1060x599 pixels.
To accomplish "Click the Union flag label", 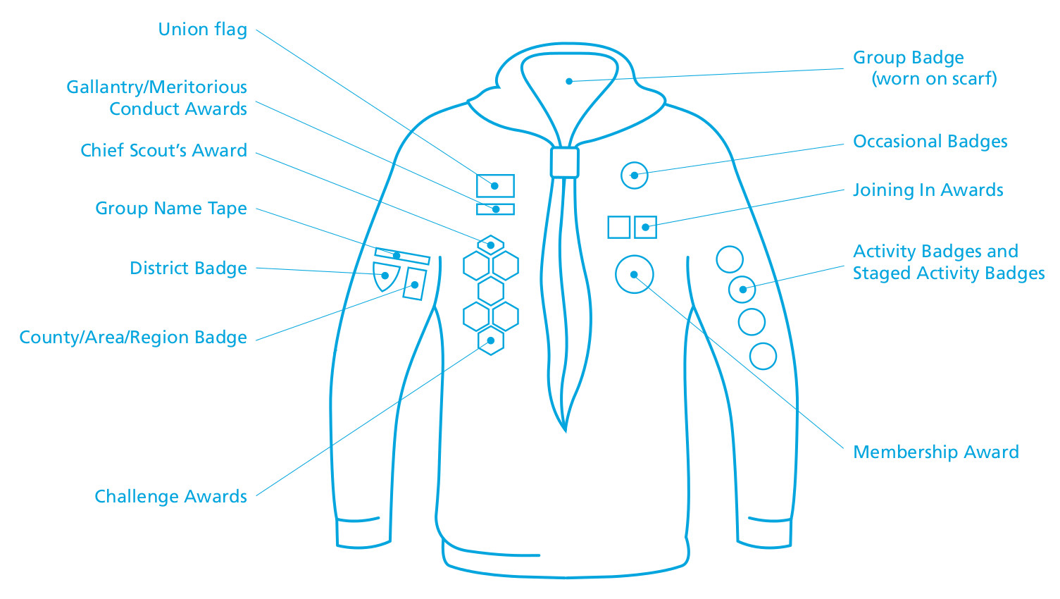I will [x=202, y=30].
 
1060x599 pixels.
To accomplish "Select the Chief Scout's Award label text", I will [x=163, y=151].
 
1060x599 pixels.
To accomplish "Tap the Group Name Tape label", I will [x=171, y=209].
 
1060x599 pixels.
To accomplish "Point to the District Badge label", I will [x=188, y=268].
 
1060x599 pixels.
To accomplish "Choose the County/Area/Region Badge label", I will [x=133, y=338].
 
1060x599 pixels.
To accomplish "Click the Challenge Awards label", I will [x=170, y=497].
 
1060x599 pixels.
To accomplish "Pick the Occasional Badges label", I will [x=930, y=142].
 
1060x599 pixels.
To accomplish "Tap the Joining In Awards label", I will [x=928, y=190].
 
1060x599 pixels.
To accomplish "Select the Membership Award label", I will [x=935, y=452].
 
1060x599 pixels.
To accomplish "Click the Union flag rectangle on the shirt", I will [x=495, y=186].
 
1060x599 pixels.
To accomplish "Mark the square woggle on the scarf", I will [x=564, y=163].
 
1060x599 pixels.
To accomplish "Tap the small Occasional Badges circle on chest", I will [x=634, y=175].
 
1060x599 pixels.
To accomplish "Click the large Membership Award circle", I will [x=634, y=275].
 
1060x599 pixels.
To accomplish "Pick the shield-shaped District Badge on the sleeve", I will [x=385, y=276].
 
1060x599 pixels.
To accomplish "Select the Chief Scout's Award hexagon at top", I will [x=490, y=245].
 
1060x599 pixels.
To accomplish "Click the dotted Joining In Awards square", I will [x=645, y=227].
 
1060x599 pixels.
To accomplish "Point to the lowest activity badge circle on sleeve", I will [x=763, y=357].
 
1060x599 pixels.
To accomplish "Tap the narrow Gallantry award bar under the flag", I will [x=495, y=209].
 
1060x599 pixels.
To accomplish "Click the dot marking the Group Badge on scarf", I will [x=568, y=82].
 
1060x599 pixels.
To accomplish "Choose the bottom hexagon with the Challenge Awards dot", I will [x=490, y=341].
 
